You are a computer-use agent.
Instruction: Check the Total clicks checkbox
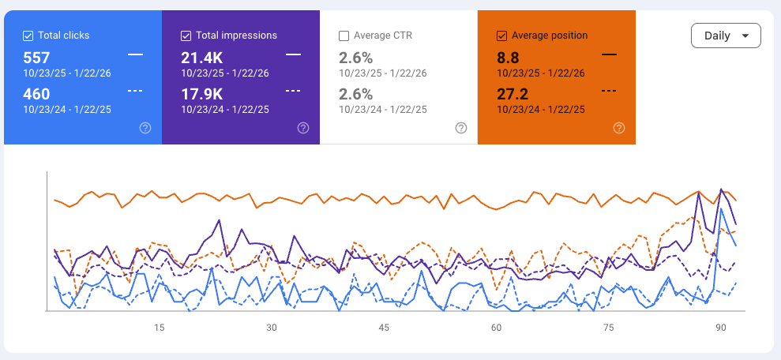click(x=28, y=36)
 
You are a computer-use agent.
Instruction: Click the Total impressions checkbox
click(x=186, y=36)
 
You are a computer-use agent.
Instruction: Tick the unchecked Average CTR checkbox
click(x=344, y=36)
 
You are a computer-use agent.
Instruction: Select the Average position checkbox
click(x=501, y=36)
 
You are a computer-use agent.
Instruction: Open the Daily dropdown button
click(x=726, y=36)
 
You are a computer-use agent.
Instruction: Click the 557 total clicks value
click(x=36, y=58)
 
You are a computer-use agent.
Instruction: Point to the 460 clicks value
click(x=36, y=95)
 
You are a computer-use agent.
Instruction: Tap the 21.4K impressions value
click(x=202, y=58)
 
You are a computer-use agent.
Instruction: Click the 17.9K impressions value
click(x=201, y=95)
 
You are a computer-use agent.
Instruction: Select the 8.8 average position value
click(x=507, y=58)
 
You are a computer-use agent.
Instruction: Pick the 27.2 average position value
click(x=513, y=95)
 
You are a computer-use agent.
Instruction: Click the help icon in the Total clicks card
click(x=145, y=128)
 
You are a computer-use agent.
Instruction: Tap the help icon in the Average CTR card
click(x=461, y=128)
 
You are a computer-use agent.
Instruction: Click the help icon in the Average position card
click(x=619, y=128)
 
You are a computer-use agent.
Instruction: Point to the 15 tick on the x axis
click(x=160, y=328)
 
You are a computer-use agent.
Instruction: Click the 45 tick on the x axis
click(x=384, y=328)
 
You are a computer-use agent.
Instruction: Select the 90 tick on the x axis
click(x=721, y=328)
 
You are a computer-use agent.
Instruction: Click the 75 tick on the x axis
click(x=609, y=328)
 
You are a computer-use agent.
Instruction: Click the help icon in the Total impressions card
click(x=303, y=128)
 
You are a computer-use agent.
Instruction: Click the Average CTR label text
click(x=383, y=36)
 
